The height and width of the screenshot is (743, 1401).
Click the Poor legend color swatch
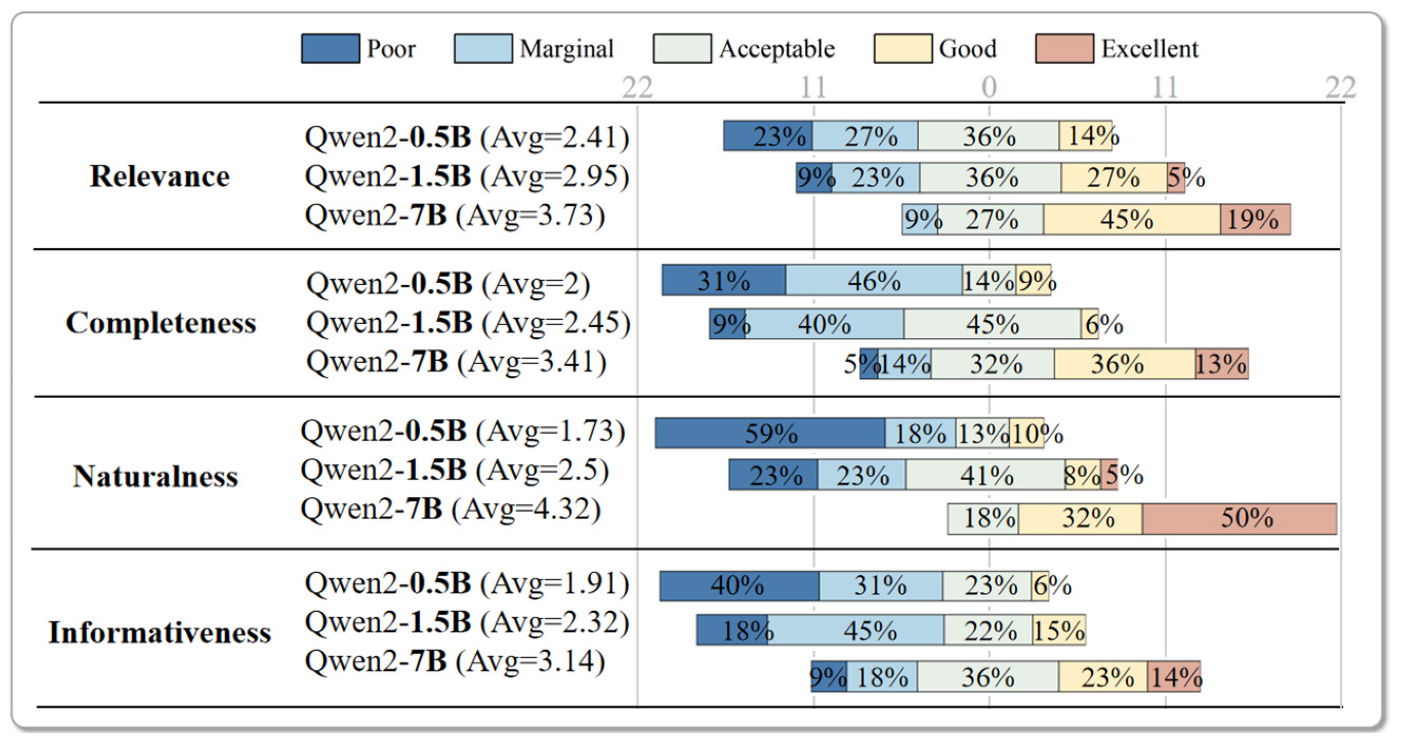click(330, 48)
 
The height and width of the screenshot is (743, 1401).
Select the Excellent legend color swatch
click(1065, 48)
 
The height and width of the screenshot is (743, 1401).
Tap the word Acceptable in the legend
click(777, 49)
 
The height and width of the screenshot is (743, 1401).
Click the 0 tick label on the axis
click(989, 87)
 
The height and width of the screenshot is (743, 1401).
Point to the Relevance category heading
click(160, 176)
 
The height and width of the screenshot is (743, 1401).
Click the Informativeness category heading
click(160, 633)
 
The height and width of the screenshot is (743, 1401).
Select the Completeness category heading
click(161, 323)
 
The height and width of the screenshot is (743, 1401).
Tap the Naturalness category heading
click(156, 476)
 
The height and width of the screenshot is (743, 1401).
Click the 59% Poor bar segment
click(770, 433)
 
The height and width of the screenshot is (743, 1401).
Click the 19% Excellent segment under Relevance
click(1255, 220)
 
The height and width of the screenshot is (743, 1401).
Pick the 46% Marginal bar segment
click(874, 280)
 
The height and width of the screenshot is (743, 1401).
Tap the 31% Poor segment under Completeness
click(723, 280)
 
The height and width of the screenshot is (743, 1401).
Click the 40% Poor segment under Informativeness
click(739, 586)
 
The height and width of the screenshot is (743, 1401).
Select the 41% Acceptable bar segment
click(985, 475)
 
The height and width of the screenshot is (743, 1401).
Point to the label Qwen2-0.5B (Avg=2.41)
click(467, 137)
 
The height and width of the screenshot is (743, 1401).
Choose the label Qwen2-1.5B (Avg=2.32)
click(467, 622)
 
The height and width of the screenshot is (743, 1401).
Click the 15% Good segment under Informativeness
click(1058, 630)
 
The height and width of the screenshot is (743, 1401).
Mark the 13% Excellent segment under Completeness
click(1222, 364)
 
